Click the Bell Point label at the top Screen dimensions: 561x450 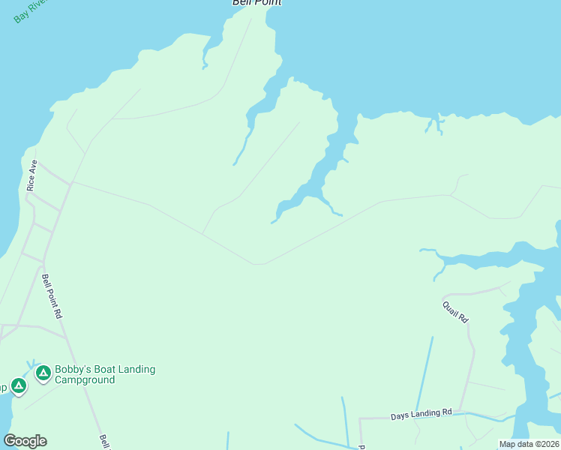point(256,3)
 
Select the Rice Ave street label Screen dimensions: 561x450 point(32,175)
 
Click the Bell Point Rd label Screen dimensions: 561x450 point(51,297)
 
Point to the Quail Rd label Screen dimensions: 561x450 point(455,311)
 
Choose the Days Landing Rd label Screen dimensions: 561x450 point(421,413)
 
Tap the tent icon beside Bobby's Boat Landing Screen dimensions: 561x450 point(43,372)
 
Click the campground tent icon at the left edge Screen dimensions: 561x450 point(19,386)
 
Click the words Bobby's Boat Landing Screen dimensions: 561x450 point(105,369)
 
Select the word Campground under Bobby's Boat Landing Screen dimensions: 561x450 point(85,380)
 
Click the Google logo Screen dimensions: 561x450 point(25,441)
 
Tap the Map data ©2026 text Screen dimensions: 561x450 point(529,444)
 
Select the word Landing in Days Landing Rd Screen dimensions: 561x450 point(423,413)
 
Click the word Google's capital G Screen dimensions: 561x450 point(10,440)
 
